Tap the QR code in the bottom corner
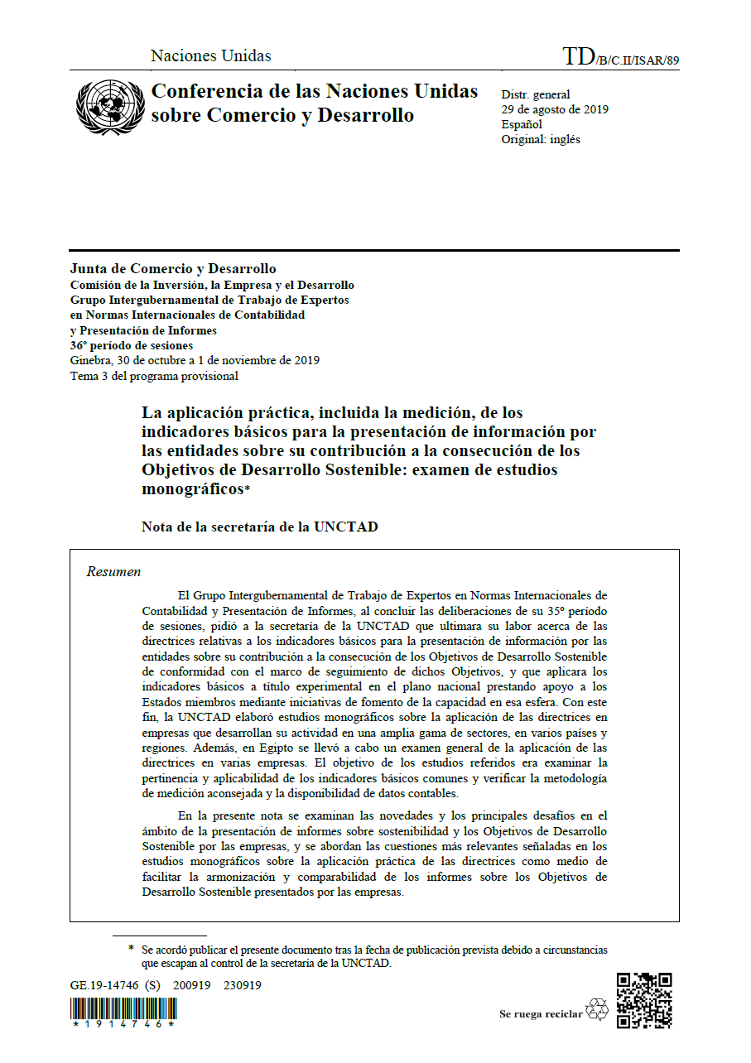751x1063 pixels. pyautogui.click(x=643, y=1000)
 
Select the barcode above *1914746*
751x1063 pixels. pyautogui.click(x=123, y=1008)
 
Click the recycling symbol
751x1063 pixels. pyautogui.click(x=596, y=1010)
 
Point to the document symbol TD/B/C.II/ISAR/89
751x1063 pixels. pyautogui.click(x=620, y=57)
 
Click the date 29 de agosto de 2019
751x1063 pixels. pyautogui.click(x=554, y=109)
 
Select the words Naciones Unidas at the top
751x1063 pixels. pyautogui.click(x=210, y=56)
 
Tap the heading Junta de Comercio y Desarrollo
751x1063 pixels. pyautogui.click(x=173, y=269)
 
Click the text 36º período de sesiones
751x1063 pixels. pyautogui.click(x=132, y=345)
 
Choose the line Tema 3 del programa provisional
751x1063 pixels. pyautogui.click(x=154, y=376)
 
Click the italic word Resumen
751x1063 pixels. pyautogui.click(x=113, y=572)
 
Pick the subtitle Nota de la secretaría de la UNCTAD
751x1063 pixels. pyautogui.click(x=259, y=527)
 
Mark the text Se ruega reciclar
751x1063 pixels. pyautogui.click(x=541, y=1014)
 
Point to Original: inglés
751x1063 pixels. pyautogui.click(x=541, y=139)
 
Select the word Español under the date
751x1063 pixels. pyautogui.click(x=522, y=124)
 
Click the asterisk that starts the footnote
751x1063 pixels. pyautogui.click(x=131, y=949)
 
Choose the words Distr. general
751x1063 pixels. pyautogui.click(x=535, y=94)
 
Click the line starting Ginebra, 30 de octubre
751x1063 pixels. pyautogui.click(x=195, y=360)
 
